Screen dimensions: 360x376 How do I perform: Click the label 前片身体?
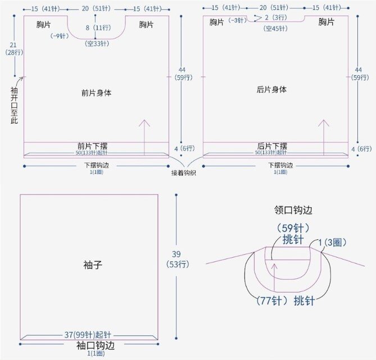point(96,93)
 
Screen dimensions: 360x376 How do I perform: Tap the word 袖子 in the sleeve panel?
point(89,263)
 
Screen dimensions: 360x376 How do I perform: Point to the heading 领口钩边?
point(293,210)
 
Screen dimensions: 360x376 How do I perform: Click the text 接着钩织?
point(186,173)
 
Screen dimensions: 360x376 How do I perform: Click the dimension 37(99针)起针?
point(89,335)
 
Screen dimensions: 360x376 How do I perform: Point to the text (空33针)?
point(96,44)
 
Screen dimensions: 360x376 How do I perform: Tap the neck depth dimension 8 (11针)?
point(96,27)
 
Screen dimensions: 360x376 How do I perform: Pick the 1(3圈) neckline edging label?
point(332,242)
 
